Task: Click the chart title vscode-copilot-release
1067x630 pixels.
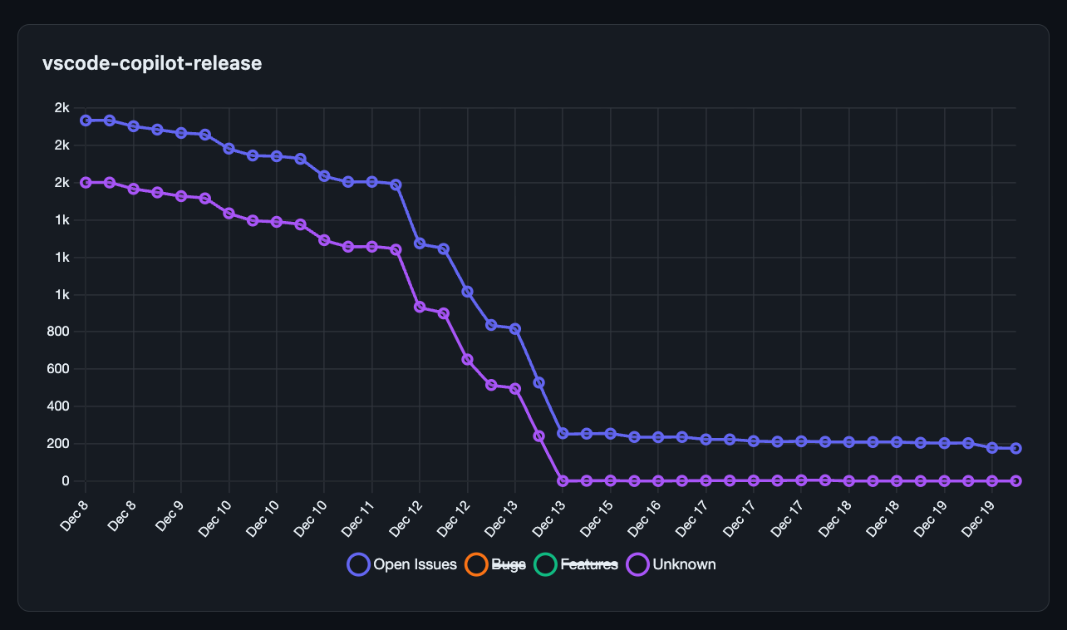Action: pyautogui.click(x=152, y=63)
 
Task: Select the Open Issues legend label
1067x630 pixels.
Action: pyautogui.click(x=415, y=564)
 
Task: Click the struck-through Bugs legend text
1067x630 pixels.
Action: pyautogui.click(x=509, y=564)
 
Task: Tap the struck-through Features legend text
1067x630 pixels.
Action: pyautogui.click(x=589, y=564)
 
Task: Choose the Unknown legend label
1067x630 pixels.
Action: pyautogui.click(x=684, y=564)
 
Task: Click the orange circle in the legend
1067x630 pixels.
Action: pyautogui.click(x=476, y=564)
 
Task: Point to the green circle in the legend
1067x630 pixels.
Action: pyautogui.click(x=545, y=564)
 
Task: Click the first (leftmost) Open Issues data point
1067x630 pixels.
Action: pyautogui.click(x=86, y=121)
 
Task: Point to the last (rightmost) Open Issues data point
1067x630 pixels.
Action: pyautogui.click(x=1015, y=449)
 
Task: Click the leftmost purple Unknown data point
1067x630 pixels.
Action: pyautogui.click(x=86, y=182)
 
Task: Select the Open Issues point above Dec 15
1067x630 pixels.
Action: pyautogui.click(x=610, y=434)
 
